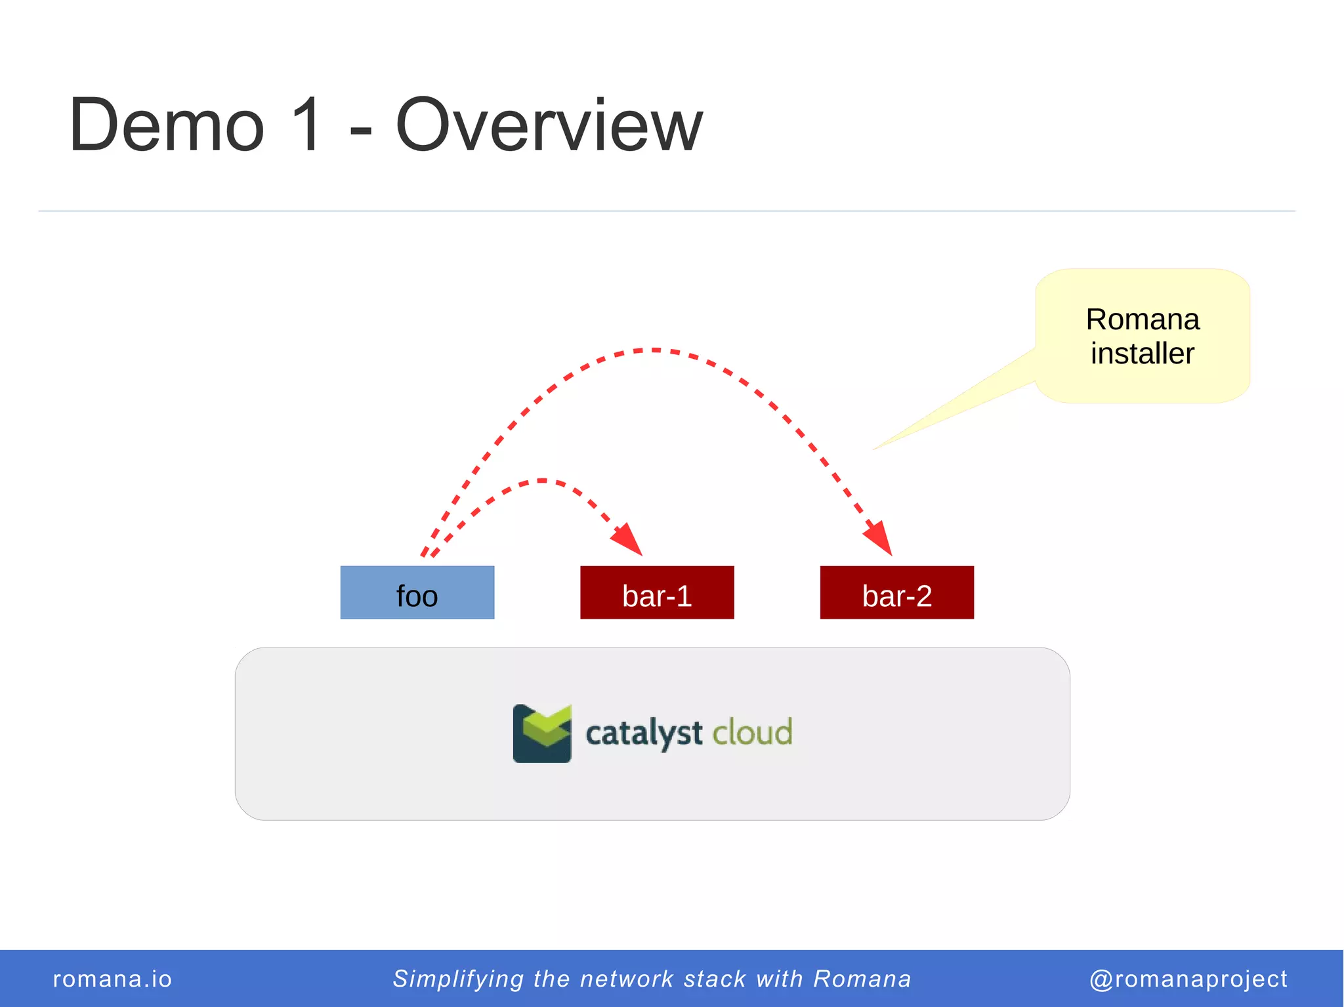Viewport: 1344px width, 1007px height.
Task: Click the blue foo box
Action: [417, 592]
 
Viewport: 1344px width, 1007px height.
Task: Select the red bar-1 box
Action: [657, 592]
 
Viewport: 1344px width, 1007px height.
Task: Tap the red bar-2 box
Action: [896, 592]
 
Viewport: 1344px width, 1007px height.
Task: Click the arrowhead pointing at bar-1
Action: [629, 540]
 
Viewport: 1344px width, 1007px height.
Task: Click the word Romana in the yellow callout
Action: [1143, 319]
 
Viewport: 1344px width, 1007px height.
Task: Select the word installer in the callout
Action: [1143, 354]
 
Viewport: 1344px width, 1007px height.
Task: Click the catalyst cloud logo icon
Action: [542, 733]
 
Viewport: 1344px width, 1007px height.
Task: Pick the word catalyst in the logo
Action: [644, 733]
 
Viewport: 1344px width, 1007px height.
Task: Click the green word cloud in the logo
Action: [752, 732]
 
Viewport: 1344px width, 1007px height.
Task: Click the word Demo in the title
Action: [167, 125]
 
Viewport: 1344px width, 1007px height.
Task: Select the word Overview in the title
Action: [549, 125]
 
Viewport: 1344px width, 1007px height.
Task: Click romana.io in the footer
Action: [112, 979]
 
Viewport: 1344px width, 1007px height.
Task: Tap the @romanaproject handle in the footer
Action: [1188, 979]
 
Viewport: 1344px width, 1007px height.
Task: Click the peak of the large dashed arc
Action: [655, 350]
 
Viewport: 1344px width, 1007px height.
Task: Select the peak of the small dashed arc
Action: [542, 481]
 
